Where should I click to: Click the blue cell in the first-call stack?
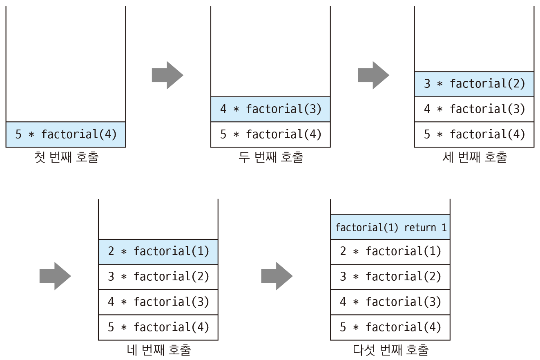(66, 134)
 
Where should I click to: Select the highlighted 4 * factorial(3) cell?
(270, 109)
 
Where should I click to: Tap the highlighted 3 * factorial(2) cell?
(474, 84)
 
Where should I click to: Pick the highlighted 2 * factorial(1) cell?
(158, 252)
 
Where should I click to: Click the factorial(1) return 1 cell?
(390, 227)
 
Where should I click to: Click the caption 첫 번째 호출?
(67, 157)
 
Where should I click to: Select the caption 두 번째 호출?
(271, 157)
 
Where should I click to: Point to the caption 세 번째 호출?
(475, 157)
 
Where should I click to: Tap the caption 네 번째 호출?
(159, 350)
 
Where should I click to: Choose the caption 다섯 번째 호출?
(391, 350)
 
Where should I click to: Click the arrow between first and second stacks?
(167, 75)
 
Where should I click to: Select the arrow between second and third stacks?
(373, 75)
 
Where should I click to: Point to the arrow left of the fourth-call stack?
(55, 276)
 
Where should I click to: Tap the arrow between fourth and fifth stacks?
(277, 276)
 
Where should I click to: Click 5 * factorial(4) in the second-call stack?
(270, 134)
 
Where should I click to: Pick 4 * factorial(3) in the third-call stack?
(474, 109)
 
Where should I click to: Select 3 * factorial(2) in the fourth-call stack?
(158, 277)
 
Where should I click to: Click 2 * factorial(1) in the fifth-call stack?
(390, 251)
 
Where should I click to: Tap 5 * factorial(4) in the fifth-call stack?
(390, 327)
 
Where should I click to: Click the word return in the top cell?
(420, 228)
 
